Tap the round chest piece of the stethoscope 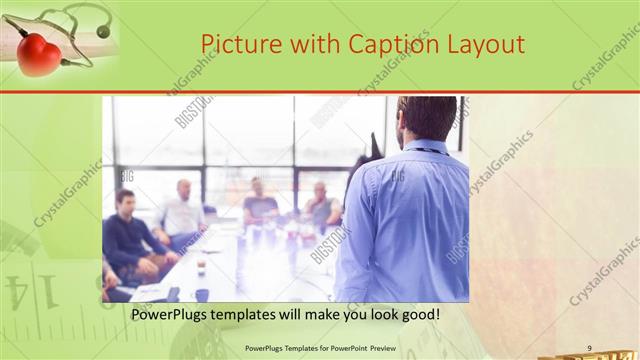point(102,32)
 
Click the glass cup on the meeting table point(201,266)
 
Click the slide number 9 point(589,347)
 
